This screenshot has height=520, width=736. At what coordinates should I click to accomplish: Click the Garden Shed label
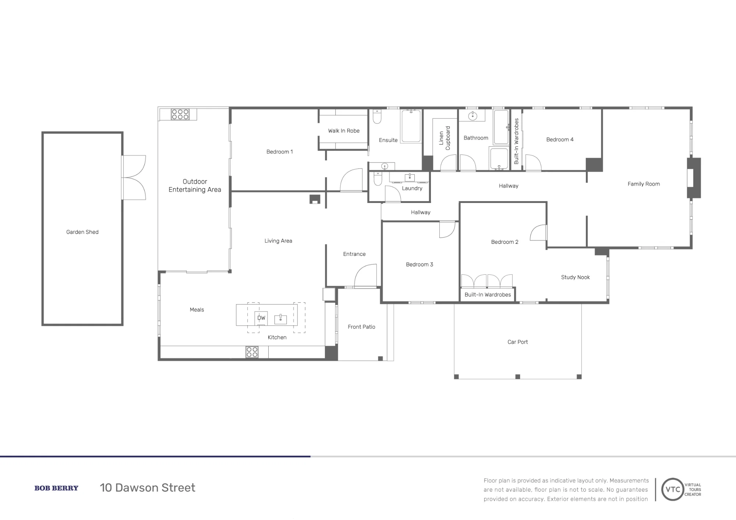pos(82,232)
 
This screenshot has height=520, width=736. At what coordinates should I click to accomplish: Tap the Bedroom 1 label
pos(280,152)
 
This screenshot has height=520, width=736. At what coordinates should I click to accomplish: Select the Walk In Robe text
pos(344,131)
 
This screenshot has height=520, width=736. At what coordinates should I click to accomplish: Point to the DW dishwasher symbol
pos(261,318)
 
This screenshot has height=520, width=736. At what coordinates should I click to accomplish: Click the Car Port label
pos(518,342)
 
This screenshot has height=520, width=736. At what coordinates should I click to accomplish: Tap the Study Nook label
pos(575,277)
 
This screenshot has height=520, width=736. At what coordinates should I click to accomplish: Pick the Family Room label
pos(644,184)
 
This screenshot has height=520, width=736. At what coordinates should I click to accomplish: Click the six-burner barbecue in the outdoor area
pos(180,114)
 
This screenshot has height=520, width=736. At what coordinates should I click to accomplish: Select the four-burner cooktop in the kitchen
pos(252,352)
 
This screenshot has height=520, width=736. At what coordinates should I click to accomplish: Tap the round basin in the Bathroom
pos(473,116)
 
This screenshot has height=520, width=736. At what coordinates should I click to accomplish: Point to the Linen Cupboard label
pos(445,138)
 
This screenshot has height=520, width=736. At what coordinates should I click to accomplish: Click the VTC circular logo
pos(673,489)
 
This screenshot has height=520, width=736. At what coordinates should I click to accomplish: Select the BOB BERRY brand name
pos(56,488)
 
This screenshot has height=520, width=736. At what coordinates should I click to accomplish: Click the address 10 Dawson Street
pos(148,488)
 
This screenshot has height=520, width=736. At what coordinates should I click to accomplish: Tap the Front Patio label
pos(361,327)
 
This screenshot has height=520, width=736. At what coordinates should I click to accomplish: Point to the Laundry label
pos(412,188)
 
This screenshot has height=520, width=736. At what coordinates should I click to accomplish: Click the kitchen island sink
pos(281,319)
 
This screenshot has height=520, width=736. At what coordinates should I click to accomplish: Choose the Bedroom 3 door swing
pos(447,229)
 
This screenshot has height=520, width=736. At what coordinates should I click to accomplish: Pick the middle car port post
pos(518,377)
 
